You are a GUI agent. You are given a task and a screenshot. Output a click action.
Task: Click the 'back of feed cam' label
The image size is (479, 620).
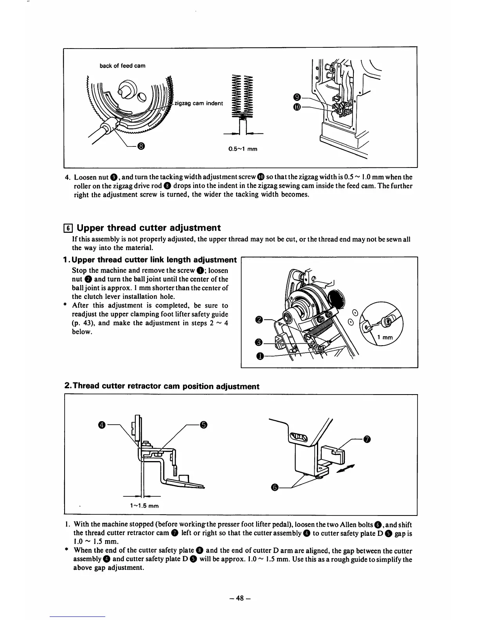pos(122,66)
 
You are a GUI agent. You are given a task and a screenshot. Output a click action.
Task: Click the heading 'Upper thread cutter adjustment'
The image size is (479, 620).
pos(149,228)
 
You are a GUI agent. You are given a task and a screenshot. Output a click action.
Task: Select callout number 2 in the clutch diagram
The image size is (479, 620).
pos(258,320)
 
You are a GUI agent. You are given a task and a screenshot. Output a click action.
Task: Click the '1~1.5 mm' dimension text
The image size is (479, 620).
pos(144,505)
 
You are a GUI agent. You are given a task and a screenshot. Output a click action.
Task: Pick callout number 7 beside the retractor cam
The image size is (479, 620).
pos(366,439)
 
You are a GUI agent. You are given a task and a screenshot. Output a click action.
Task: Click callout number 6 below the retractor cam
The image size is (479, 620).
pos(275,487)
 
